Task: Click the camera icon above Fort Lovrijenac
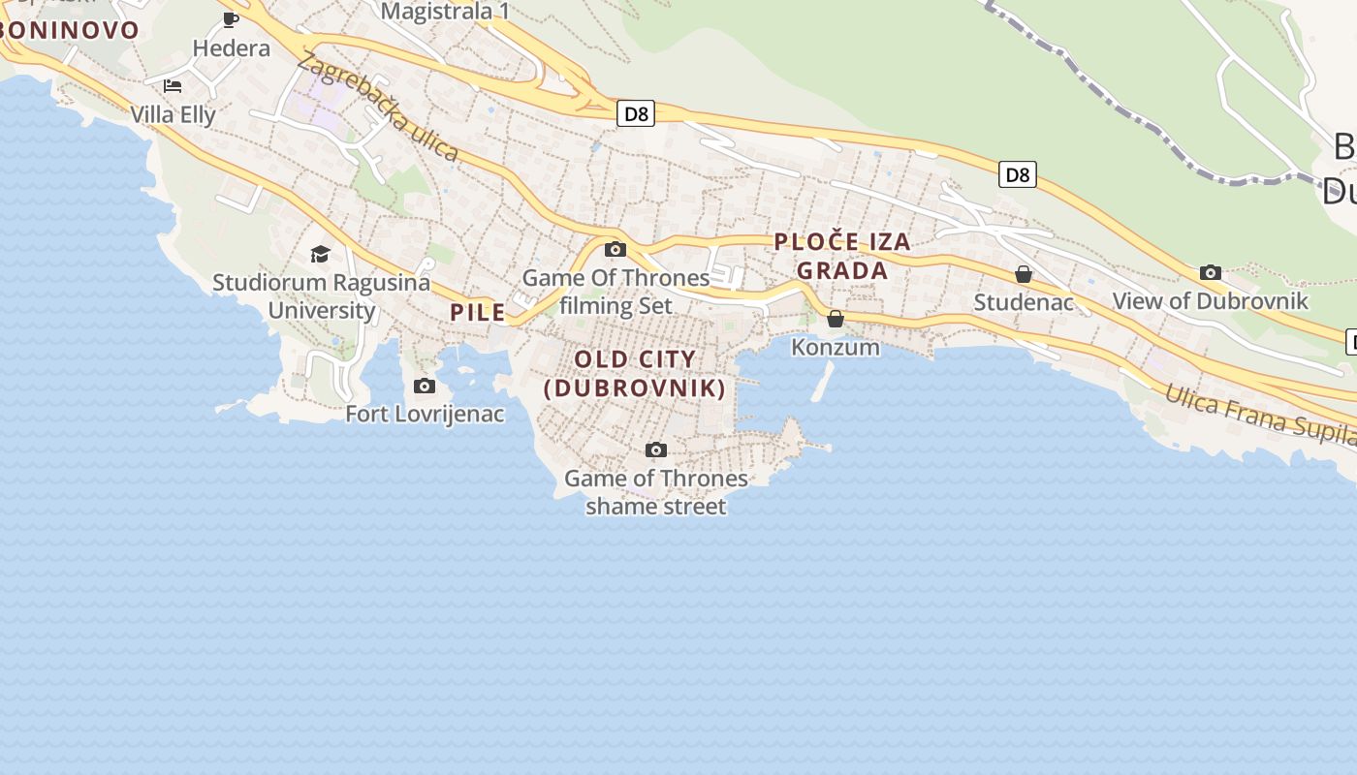[x=425, y=387]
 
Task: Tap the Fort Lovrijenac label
[x=426, y=415]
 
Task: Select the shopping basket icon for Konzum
[x=836, y=319]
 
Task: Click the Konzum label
[x=836, y=347]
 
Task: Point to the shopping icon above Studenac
[x=1024, y=275]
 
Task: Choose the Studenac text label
[x=1024, y=302]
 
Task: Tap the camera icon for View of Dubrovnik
[x=1211, y=273]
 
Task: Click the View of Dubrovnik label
[x=1211, y=301]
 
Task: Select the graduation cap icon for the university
[x=320, y=255]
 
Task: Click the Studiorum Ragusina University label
[x=322, y=296]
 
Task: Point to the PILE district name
[x=478, y=312]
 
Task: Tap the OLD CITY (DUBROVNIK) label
[x=635, y=374]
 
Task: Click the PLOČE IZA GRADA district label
[x=842, y=257]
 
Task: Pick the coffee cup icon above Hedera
[x=231, y=19]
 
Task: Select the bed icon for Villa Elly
[x=173, y=85]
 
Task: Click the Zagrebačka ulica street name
[x=378, y=107]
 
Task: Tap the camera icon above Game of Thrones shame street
[x=656, y=450]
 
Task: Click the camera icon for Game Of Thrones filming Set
[x=615, y=250]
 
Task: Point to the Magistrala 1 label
[x=445, y=12]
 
